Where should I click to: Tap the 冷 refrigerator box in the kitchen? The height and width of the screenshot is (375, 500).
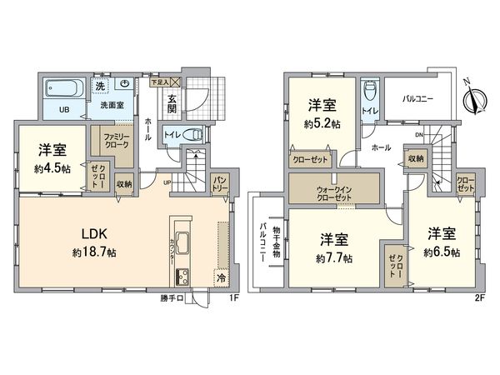pyautogui.click(x=221, y=277)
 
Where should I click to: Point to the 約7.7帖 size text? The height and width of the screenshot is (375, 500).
pyautogui.click(x=334, y=258)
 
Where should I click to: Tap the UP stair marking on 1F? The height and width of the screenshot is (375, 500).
pyautogui.click(x=167, y=182)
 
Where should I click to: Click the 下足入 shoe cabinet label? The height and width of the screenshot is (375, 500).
pyautogui.click(x=157, y=82)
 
